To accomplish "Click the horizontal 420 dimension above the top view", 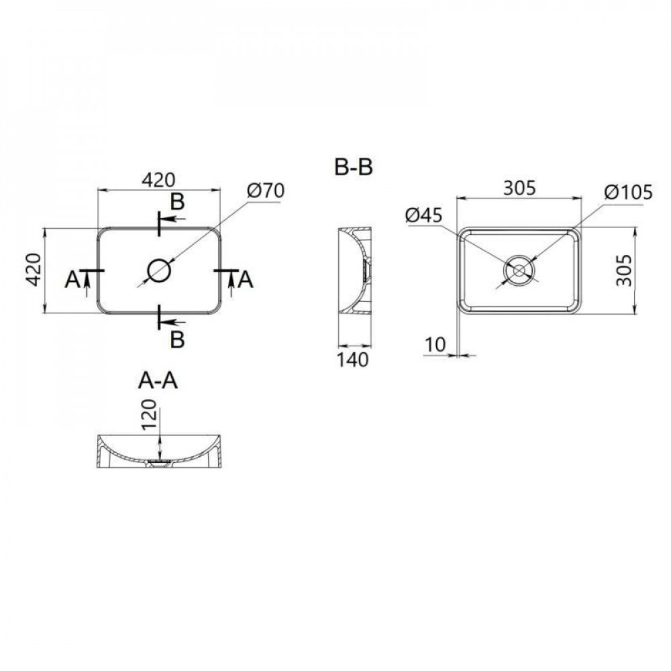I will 158,179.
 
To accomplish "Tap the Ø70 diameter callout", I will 266,191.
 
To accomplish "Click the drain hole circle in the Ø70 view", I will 160,270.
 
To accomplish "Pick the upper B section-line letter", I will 176,201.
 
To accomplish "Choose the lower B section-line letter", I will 176,340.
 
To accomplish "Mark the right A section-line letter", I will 246,280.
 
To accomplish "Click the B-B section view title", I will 354,167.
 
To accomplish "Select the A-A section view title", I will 158,380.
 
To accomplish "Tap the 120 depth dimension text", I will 149,415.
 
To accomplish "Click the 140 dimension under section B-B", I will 353,360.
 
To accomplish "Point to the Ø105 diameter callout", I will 627,193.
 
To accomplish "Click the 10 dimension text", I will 436,344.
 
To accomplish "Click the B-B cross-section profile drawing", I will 353,270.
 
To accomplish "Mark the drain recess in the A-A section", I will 160,463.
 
